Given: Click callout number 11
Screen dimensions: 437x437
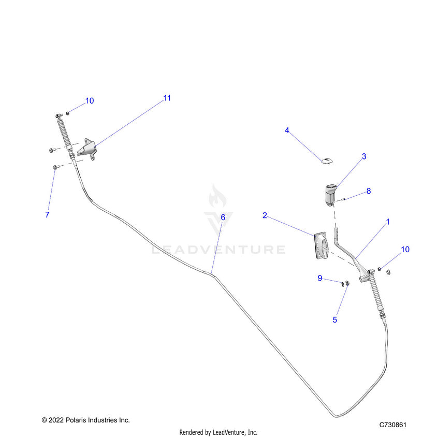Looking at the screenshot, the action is pyautogui.click(x=167, y=98).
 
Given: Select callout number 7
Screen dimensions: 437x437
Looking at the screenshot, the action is pyautogui.click(x=48, y=214).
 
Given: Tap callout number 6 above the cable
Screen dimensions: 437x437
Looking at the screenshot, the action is pyautogui.click(x=223, y=217).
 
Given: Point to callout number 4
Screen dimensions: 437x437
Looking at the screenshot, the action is pyautogui.click(x=287, y=130).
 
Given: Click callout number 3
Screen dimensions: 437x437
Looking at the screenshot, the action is pyautogui.click(x=364, y=156).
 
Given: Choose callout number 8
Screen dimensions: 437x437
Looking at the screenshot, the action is pyautogui.click(x=369, y=191).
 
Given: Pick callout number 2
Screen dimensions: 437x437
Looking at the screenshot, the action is pyautogui.click(x=265, y=215).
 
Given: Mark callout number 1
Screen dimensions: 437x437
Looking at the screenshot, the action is pyautogui.click(x=388, y=222).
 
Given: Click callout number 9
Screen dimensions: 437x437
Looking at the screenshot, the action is pyautogui.click(x=320, y=278).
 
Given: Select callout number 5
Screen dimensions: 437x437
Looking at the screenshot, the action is pyautogui.click(x=335, y=319).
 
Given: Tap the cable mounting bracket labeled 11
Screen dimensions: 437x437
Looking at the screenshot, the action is pyautogui.click(x=87, y=149).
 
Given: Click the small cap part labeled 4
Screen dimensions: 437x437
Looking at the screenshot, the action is pyautogui.click(x=327, y=161).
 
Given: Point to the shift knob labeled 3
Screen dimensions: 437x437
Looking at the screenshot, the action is pyautogui.click(x=331, y=194).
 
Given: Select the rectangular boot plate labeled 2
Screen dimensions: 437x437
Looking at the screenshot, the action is pyautogui.click(x=322, y=246).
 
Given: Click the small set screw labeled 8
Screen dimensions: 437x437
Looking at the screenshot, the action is pyautogui.click(x=344, y=199).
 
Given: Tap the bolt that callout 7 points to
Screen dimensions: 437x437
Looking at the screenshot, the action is pyautogui.click(x=55, y=167).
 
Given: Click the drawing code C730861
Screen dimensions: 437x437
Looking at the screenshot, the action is pyautogui.click(x=393, y=425).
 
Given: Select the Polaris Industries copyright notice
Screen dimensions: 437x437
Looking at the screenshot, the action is pyautogui.click(x=86, y=420).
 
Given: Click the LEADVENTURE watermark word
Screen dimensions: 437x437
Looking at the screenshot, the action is pyautogui.click(x=219, y=250).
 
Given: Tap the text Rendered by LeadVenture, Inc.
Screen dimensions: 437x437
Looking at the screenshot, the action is pyautogui.click(x=218, y=432).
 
